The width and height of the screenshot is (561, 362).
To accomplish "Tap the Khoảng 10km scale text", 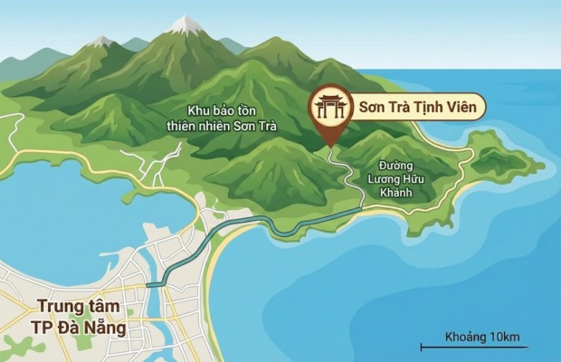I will coord(482,337).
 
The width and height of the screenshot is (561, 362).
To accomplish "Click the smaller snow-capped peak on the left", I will coord(101,41).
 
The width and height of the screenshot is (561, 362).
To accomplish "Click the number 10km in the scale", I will coord(504,337).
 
